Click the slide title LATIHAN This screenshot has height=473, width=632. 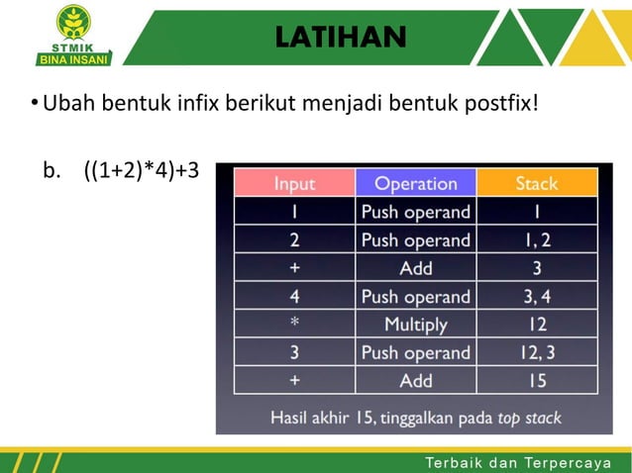(340, 37)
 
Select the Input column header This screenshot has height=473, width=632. (294, 183)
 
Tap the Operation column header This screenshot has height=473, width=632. (415, 183)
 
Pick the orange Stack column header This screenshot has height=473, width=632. (537, 183)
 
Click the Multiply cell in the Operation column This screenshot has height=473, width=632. (415, 325)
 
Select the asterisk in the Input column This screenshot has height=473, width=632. (294, 325)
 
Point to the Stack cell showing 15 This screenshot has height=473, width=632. (537, 381)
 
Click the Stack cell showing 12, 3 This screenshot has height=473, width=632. (537, 353)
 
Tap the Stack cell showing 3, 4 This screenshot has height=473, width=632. (537, 297)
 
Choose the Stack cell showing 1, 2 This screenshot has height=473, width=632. (537, 240)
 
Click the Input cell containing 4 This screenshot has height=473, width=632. (294, 297)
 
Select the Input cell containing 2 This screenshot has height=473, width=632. (294, 240)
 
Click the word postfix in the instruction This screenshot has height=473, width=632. (500, 103)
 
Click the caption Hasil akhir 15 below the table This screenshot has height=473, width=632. (332, 417)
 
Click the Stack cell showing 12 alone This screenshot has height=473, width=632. (537, 325)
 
